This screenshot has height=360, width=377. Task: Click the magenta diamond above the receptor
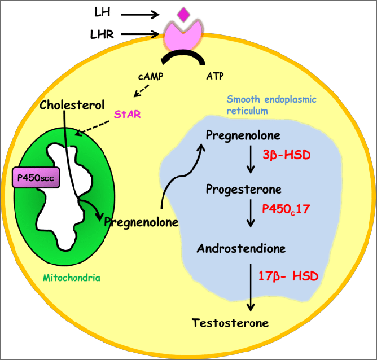tap(183, 14)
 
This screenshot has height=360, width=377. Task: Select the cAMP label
tap(151, 76)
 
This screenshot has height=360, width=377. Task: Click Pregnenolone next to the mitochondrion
tap(142, 222)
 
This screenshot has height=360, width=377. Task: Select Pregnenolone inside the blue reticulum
tap(243, 136)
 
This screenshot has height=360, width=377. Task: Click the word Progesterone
tap(243, 188)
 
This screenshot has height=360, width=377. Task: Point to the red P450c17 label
tap(286, 208)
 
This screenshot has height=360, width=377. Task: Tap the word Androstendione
tap(241, 248)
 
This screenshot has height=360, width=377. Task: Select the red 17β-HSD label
tap(288, 276)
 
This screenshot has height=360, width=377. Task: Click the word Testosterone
tap(230, 323)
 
